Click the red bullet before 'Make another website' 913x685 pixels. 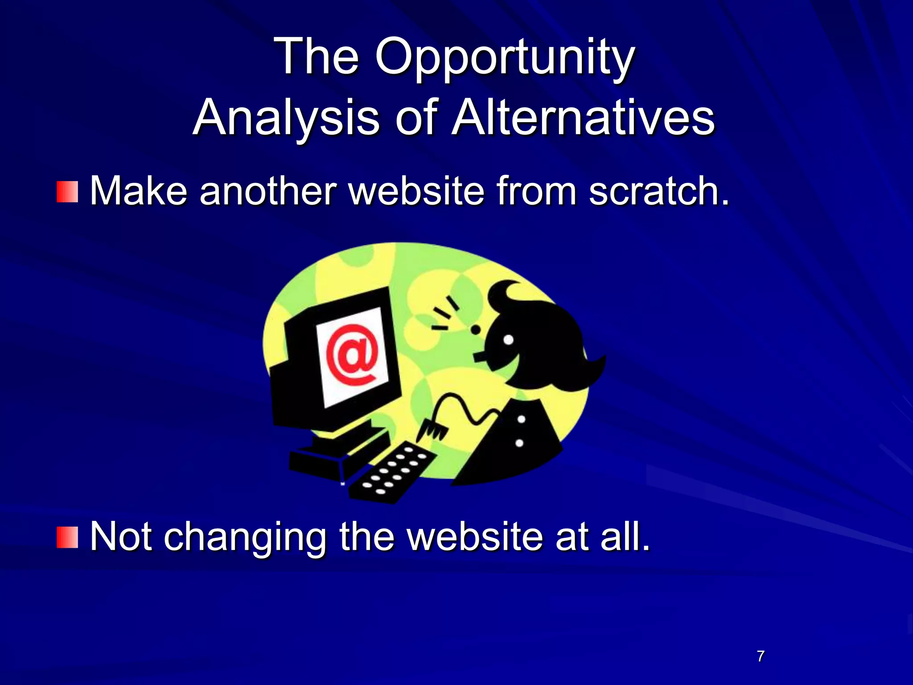click(67, 192)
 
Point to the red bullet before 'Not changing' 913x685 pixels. click(67, 537)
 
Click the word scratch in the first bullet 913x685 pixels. click(659, 191)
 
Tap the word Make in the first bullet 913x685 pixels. click(139, 191)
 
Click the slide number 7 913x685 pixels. click(761, 656)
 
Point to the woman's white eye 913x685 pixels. click(508, 340)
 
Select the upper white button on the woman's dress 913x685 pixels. click(521, 419)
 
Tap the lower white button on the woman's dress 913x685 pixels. click(519, 443)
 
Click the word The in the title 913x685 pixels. click(317, 57)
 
